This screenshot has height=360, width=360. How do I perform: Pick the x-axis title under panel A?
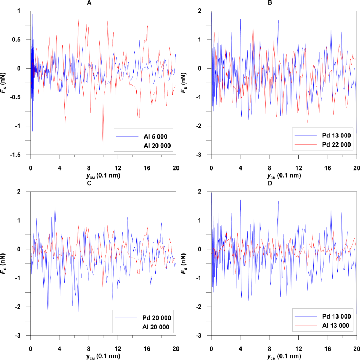pos(103,175)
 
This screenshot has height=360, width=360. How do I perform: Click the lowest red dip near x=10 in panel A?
pos(103,149)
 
